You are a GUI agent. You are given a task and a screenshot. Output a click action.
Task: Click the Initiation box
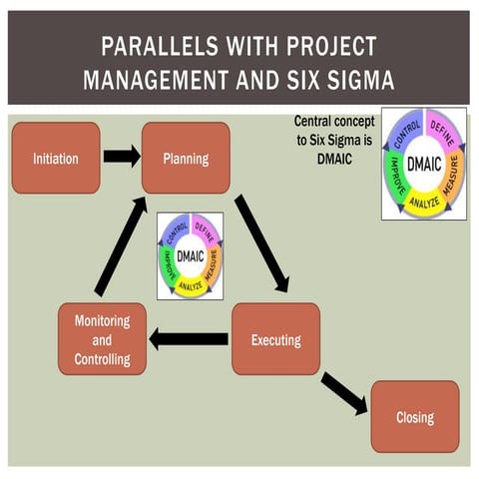click(x=56, y=158)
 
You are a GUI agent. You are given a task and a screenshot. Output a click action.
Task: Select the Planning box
click(x=186, y=158)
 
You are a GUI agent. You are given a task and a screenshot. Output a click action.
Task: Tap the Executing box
click(x=275, y=339)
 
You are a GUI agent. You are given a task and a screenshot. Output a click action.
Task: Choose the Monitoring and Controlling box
click(x=102, y=339)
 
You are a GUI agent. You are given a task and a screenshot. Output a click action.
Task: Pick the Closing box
click(x=414, y=416)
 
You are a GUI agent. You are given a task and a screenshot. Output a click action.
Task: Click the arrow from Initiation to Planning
click(x=122, y=157)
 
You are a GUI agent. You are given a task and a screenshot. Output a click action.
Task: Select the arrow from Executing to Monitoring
click(x=189, y=339)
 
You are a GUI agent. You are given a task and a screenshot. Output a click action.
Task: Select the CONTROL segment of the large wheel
click(x=404, y=128)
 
